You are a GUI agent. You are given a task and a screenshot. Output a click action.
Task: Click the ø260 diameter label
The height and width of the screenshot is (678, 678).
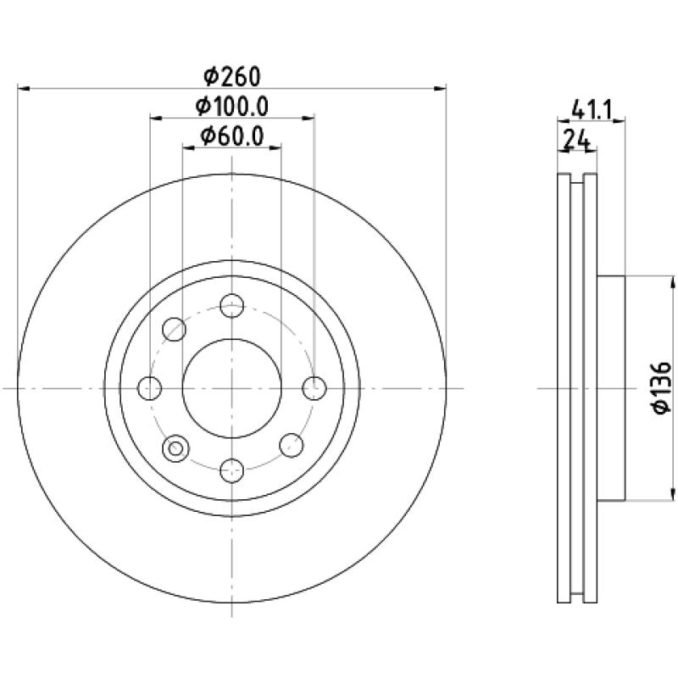tap(232, 77)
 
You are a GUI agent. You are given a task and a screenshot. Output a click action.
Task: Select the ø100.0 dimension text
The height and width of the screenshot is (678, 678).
tap(232, 107)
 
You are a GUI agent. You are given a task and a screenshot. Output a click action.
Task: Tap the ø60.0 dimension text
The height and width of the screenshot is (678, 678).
tap(232, 136)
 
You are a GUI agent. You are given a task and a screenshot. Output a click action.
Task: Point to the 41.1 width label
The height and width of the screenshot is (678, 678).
tap(592, 110)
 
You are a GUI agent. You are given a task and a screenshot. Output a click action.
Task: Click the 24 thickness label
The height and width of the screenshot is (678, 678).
tap(577, 140)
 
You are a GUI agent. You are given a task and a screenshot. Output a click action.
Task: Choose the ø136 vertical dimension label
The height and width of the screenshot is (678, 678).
tap(662, 388)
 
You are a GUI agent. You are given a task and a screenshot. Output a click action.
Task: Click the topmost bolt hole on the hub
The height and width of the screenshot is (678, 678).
tap(232, 306)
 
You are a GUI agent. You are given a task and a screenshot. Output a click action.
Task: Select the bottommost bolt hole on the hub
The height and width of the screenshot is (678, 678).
tap(232, 470)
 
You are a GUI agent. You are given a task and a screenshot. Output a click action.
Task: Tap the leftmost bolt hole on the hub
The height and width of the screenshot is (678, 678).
tap(150, 388)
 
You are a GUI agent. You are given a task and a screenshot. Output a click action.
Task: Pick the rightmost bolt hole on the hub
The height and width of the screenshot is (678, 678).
tap(314, 388)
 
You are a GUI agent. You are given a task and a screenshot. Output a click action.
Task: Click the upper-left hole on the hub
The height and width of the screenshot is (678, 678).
tap(175, 329)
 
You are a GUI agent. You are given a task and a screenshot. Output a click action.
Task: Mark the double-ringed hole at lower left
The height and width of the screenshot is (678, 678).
tap(175, 448)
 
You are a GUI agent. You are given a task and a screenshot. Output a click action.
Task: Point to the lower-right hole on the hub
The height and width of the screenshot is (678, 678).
tap(292, 446)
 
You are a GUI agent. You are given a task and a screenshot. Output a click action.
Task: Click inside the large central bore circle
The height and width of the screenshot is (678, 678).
tap(232, 388)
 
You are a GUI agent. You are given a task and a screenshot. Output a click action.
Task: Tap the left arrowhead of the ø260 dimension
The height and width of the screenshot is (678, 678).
tap(24, 89)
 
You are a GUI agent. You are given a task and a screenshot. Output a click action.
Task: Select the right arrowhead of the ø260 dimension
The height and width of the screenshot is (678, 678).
tap(440, 89)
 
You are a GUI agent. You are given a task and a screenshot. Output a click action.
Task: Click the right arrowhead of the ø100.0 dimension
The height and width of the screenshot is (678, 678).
tap(308, 118)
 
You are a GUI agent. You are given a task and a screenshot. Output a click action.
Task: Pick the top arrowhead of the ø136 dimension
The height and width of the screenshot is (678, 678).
tap(673, 282)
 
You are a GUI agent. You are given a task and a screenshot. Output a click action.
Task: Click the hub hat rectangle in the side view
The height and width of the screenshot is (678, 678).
tap(611, 388)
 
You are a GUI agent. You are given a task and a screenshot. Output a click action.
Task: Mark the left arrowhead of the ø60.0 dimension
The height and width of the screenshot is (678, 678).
tap(188, 147)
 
